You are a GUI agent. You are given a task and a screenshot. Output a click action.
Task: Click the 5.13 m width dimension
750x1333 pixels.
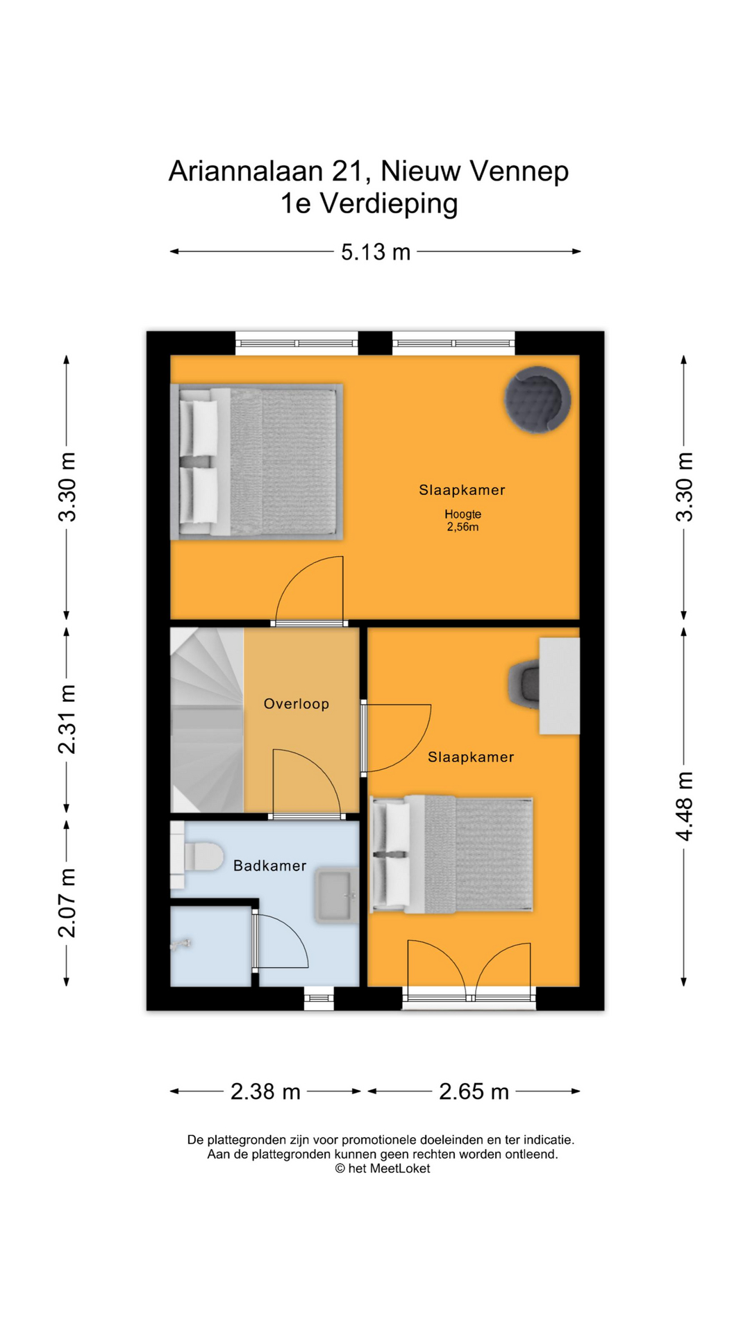375,252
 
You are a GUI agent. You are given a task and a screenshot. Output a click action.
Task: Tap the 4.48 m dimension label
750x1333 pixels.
685,805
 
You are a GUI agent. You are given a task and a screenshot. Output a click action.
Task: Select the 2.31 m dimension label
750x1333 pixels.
67,719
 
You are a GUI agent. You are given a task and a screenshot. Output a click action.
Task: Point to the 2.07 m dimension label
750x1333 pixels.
67,902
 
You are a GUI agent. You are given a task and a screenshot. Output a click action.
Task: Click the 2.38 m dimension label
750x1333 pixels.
265,1091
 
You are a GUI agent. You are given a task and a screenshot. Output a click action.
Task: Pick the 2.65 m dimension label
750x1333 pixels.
474,1091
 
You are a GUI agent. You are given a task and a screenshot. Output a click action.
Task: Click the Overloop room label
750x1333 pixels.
296,704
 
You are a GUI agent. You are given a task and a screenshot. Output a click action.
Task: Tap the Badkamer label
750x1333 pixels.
269,866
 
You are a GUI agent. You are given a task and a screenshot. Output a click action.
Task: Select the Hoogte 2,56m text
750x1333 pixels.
463,521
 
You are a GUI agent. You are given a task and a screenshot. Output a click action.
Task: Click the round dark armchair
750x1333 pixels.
537,400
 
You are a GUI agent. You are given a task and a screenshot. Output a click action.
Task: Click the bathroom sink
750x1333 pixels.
336,896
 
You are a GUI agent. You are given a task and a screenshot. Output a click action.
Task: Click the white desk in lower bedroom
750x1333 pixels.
560,686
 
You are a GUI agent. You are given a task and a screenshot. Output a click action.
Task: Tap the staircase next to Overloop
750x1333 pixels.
207,720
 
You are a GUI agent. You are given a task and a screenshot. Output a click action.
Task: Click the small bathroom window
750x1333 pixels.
319,998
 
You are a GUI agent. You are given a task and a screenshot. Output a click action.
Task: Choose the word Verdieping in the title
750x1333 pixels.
388,204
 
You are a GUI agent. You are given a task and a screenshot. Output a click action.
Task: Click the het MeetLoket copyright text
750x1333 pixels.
383,1168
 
